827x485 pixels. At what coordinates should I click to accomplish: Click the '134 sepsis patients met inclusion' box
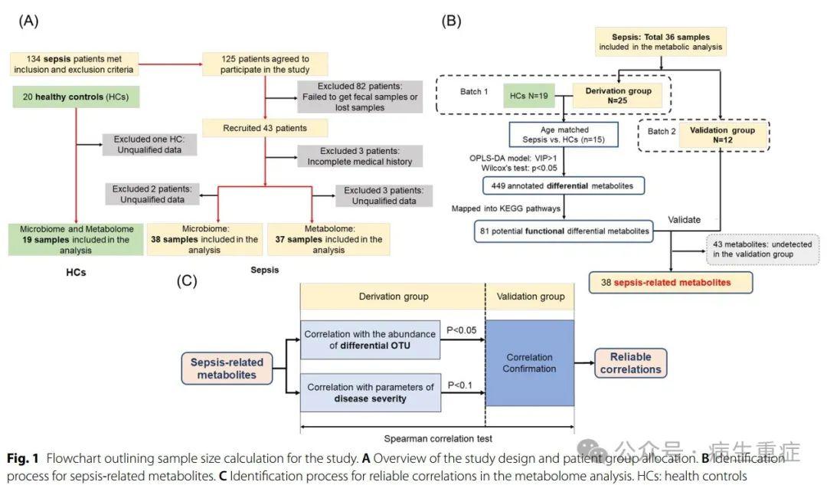(x=74, y=64)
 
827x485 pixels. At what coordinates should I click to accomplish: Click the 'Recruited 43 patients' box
(x=264, y=127)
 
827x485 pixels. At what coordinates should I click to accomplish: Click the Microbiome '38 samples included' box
(x=203, y=238)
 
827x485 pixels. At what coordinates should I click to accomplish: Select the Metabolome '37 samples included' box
(x=327, y=238)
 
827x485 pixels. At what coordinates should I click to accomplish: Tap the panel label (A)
(x=28, y=21)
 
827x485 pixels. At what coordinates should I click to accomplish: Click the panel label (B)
(x=451, y=21)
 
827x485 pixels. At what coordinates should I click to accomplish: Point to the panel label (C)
(x=188, y=280)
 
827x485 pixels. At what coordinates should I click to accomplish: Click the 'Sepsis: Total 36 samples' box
(x=660, y=42)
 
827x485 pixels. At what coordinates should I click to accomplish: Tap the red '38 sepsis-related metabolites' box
(x=670, y=283)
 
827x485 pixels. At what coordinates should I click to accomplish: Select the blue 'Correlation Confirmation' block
(x=529, y=363)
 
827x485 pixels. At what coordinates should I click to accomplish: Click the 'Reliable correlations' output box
(x=631, y=363)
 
